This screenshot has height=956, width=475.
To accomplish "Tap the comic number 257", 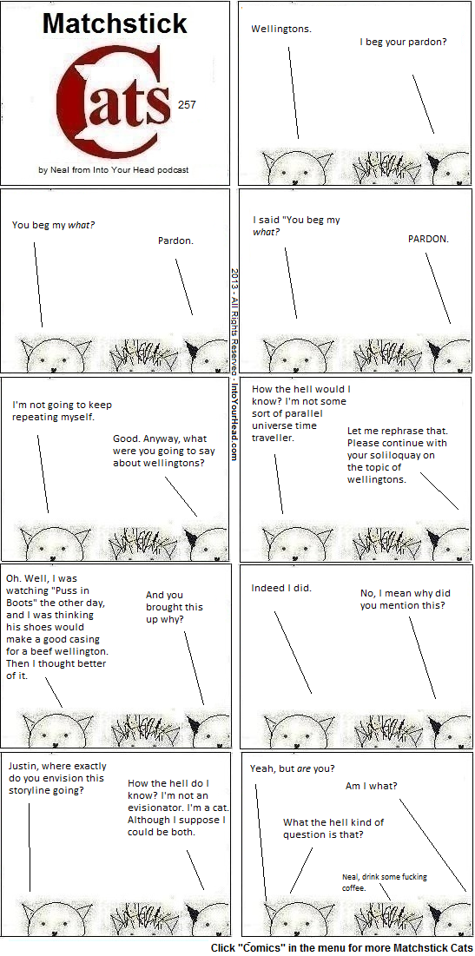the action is (187, 105).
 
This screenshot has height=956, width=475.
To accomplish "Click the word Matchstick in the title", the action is (115, 23).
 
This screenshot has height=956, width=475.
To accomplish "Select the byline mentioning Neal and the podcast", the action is (114, 170).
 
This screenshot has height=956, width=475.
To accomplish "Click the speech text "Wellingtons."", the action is (281, 29).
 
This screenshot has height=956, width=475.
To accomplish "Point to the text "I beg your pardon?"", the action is (402, 43).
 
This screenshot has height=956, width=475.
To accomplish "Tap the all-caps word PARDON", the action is (428, 239).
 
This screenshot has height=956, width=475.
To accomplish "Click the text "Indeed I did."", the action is (281, 588).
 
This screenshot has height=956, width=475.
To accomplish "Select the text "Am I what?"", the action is (372, 786).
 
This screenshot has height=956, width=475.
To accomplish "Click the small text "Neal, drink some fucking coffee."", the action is (384, 882).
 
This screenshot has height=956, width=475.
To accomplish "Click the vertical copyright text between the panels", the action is (234, 364).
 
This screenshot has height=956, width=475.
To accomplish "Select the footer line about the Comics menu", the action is (341, 948).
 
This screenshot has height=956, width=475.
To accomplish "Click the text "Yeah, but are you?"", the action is (292, 768).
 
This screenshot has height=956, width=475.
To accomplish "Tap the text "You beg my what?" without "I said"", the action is (54, 225).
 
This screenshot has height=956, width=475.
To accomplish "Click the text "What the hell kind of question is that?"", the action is (333, 828).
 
